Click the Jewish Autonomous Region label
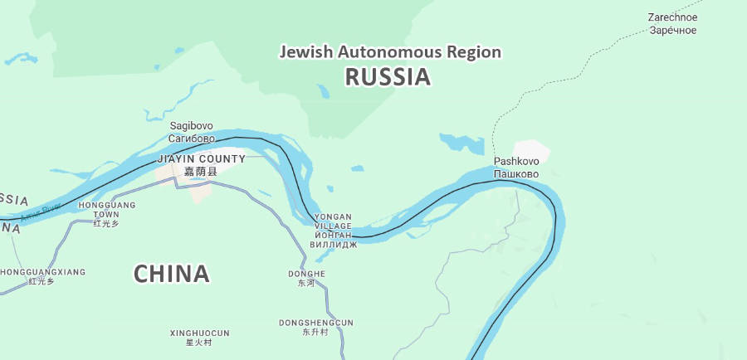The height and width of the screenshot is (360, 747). [x=390, y=51]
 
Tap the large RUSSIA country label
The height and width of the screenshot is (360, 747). [x=388, y=77]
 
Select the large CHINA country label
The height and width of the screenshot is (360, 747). [x=171, y=273]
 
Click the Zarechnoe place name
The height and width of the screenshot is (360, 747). [x=672, y=17]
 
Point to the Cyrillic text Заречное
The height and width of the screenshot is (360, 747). [x=672, y=31]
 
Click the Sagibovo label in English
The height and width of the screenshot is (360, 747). [x=191, y=126]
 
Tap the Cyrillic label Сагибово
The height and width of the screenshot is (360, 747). [x=191, y=139]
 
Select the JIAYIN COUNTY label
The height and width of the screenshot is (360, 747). [x=202, y=158]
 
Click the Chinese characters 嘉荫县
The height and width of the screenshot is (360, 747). [x=200, y=172]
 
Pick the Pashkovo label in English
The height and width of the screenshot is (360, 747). [x=516, y=161]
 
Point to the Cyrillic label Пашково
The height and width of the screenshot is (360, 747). [x=516, y=174]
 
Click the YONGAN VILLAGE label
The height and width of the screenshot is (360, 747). [x=333, y=221]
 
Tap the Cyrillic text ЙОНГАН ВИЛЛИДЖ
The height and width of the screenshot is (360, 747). [x=333, y=240]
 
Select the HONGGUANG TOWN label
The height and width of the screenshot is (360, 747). [x=106, y=209]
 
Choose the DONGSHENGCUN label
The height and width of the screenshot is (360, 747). [x=315, y=322]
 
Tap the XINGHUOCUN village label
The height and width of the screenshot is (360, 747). [x=199, y=333]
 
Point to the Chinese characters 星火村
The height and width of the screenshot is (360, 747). [x=198, y=343]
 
